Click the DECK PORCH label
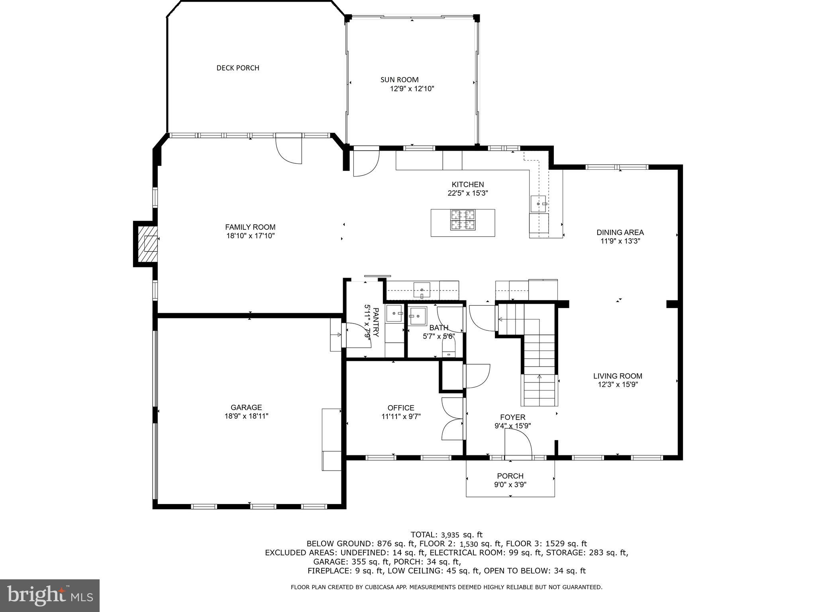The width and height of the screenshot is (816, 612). click(237, 68)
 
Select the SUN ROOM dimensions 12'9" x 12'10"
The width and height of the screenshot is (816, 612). click(412, 89)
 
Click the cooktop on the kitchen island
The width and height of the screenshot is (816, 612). click(463, 220)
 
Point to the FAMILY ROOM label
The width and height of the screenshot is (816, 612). click(250, 227)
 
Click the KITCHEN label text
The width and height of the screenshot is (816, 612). click(467, 184)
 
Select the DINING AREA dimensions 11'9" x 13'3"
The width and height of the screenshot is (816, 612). click(620, 241)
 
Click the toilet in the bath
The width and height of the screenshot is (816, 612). click(449, 351)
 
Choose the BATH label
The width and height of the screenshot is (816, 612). click(438, 328)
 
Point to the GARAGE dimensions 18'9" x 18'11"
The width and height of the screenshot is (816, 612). click(246, 416)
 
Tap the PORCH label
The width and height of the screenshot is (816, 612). click(510, 476)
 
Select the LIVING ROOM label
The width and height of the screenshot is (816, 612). click(618, 376)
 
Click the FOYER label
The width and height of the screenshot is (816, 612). click(512, 417)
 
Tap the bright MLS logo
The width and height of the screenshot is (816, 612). click(49, 595)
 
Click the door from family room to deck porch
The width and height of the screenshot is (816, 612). click(288, 149)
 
